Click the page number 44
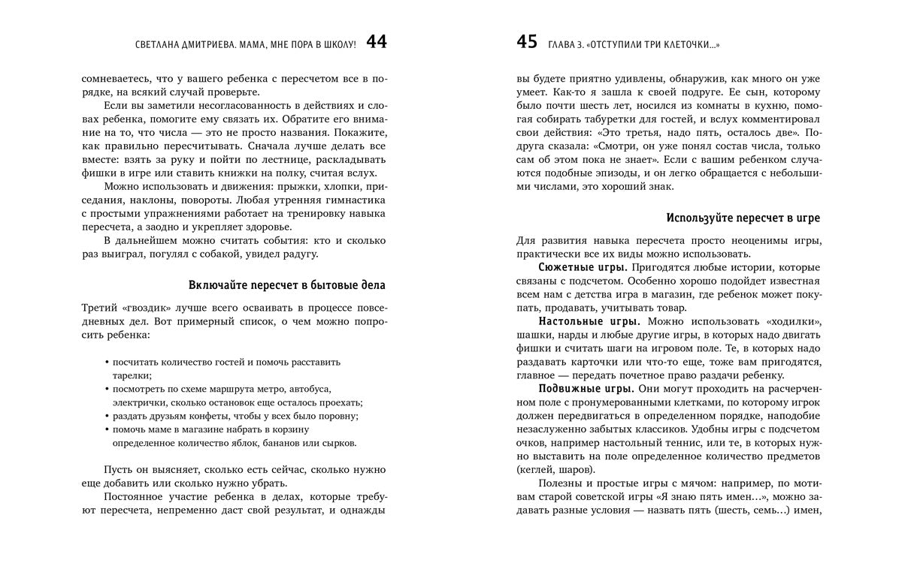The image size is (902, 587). click(377, 43)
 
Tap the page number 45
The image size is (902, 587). click(527, 43)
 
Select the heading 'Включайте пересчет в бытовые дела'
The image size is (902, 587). click(287, 285)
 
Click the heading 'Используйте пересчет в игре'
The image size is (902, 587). click(743, 218)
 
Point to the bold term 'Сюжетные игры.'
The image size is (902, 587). click(583, 266)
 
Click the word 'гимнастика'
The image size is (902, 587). click(356, 200)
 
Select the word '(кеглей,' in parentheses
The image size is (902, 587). click(535, 470)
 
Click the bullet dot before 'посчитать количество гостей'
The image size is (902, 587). click(107, 363)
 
